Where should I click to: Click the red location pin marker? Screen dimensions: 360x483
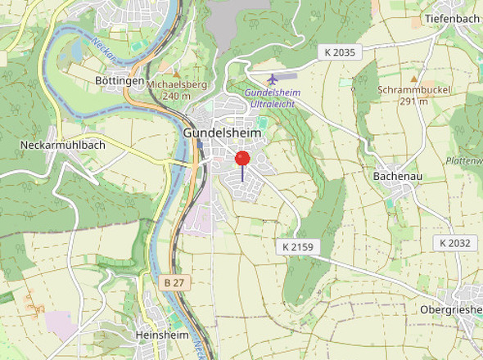click(x=242, y=160)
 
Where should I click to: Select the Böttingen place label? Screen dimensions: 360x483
click(x=120, y=81)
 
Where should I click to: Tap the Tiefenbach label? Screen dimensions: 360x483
click(x=451, y=18)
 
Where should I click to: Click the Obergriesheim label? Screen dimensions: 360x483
click(x=450, y=309)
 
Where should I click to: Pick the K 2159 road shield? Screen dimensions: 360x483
click(x=298, y=246)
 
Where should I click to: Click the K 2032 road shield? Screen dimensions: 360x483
click(x=454, y=243)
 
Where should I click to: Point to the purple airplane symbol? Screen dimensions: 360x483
click(x=273, y=79)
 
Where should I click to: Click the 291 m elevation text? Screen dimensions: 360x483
click(x=413, y=101)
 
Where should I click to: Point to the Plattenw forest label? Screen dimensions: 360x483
click(x=464, y=161)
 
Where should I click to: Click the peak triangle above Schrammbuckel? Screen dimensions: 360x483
click(x=413, y=79)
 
